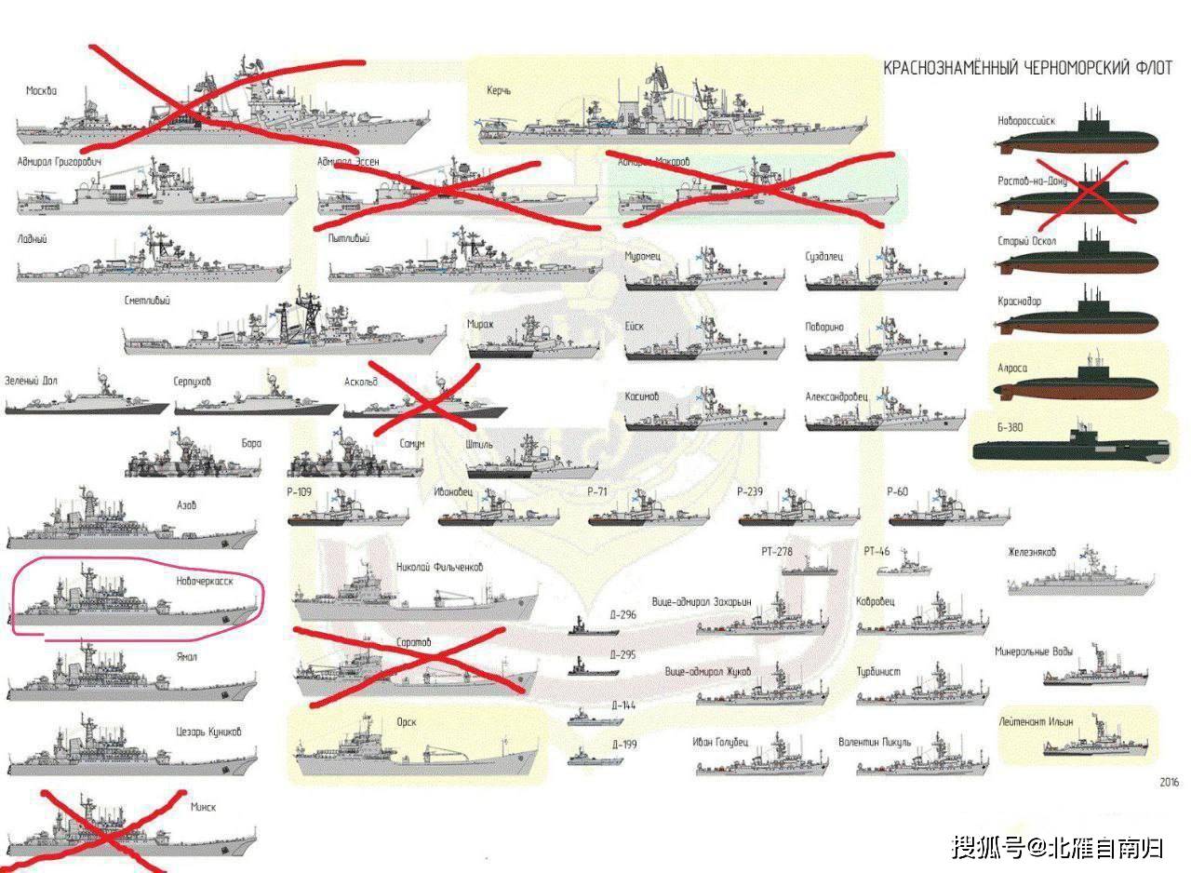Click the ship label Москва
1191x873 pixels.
(x=41, y=91)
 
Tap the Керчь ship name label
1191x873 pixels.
(x=499, y=91)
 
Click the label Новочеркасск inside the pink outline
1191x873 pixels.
(x=204, y=580)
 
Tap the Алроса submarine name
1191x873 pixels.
(x=1013, y=369)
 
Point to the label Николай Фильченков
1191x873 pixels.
(x=439, y=567)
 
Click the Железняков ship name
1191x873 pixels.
(x=1032, y=553)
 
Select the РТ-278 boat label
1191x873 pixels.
(x=776, y=551)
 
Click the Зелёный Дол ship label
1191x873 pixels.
(x=31, y=381)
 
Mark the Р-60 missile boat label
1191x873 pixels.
(x=897, y=491)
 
